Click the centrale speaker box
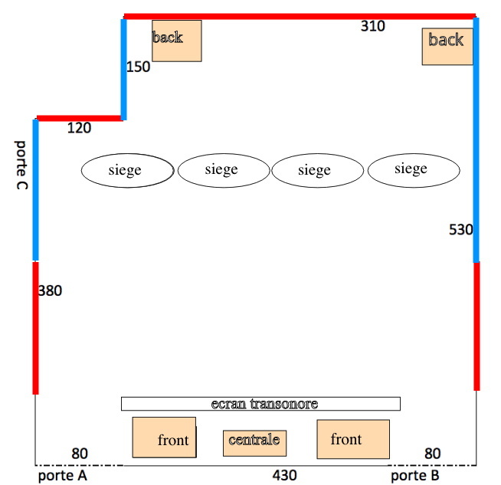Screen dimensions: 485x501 pos(255,441)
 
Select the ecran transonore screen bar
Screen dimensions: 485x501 pos(260,404)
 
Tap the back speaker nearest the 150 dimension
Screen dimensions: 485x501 pos(176,41)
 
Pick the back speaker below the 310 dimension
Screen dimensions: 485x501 pos(447,46)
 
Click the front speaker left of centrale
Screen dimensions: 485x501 pos(164,438)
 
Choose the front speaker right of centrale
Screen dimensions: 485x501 pos(353,439)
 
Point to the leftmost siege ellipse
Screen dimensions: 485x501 pos(127,170)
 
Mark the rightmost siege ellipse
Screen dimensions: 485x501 pos(414,170)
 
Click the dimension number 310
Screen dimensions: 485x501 pos(373,26)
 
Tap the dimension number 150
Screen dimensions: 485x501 pos(139,67)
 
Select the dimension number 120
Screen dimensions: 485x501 pos(79,128)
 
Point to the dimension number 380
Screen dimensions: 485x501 pos(50,291)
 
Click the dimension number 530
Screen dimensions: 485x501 pos(461,229)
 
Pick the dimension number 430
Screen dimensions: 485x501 pos(284,476)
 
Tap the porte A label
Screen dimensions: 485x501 pos(63,477)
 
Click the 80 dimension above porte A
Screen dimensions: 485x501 pos(80,454)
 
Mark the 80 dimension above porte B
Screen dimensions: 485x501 pos(433,454)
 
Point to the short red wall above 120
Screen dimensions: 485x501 pos(79,118)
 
